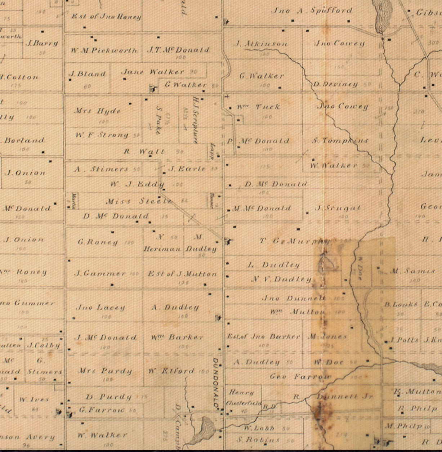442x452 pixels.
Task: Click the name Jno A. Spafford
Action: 311,10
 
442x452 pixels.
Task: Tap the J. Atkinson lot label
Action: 262,44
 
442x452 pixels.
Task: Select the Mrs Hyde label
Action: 97,111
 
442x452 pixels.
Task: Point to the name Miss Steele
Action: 139,201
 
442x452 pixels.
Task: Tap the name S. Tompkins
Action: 340,140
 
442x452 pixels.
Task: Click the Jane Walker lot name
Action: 153,72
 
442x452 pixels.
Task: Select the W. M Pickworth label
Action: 104,50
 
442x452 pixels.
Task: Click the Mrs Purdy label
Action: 105,371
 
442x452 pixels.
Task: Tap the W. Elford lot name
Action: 171,371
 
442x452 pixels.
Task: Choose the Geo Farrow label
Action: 300,377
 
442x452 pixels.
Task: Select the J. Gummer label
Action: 100,273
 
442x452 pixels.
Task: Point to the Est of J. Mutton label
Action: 182,274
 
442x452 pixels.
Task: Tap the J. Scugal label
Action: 338,208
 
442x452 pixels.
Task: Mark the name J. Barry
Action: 42,43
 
